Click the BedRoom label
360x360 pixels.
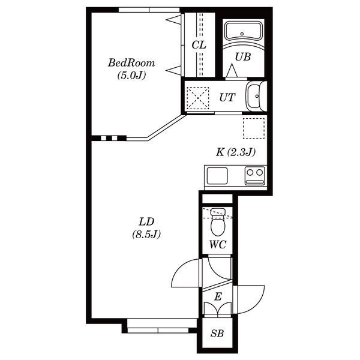[x=131, y=62]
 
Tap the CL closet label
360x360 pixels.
[x=199, y=45]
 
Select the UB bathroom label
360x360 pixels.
[x=242, y=57]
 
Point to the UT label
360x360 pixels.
[x=227, y=97]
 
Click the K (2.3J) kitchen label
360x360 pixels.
[x=236, y=152]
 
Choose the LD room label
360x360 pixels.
[x=146, y=222]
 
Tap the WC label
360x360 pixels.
[x=218, y=245]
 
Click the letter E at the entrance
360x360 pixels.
[x=218, y=296]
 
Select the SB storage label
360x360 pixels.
[x=217, y=333]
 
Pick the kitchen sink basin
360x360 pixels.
[x=217, y=176]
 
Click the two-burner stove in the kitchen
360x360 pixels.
[x=254, y=176]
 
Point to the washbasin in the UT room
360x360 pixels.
[x=256, y=96]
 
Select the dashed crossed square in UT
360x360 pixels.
[x=198, y=98]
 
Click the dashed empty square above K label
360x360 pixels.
[x=254, y=128]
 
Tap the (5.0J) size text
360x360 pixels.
[x=131, y=76]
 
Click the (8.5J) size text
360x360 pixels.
[x=146, y=235]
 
